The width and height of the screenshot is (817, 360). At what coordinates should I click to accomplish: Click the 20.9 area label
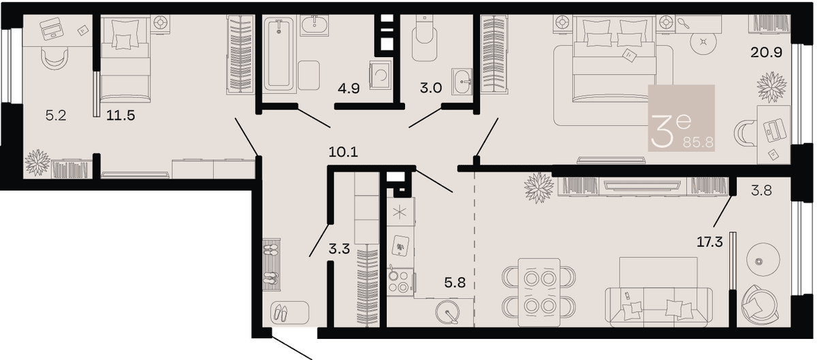coord(767,52)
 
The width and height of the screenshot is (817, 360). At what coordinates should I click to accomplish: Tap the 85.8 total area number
coord(698,142)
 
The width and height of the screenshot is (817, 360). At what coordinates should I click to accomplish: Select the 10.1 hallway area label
coord(343,152)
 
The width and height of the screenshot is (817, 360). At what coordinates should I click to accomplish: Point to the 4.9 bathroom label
coord(349,88)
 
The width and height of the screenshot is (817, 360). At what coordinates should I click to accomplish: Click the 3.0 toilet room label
coord(431,88)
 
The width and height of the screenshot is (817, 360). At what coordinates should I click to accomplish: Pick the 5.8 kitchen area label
coord(455,282)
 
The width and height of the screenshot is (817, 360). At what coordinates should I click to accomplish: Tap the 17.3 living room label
coord(709,242)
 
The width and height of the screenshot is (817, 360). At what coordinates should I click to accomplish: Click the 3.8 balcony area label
coord(762,190)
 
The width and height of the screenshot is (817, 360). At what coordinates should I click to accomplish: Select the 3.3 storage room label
coord(339,250)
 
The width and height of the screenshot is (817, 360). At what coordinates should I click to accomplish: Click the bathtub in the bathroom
coord(279,54)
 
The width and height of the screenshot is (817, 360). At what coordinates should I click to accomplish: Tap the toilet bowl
coord(425,39)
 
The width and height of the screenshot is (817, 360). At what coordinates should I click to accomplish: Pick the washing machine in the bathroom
coord(381,75)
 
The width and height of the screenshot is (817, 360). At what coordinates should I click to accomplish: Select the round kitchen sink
coord(447,312)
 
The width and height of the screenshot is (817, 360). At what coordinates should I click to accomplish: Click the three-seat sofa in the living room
coord(658,307)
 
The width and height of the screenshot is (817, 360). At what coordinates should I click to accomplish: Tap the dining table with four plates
coord(539,292)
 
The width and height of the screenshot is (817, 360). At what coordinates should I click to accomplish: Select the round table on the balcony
coord(763,260)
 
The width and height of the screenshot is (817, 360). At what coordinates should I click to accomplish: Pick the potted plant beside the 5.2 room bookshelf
coord(37,163)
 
